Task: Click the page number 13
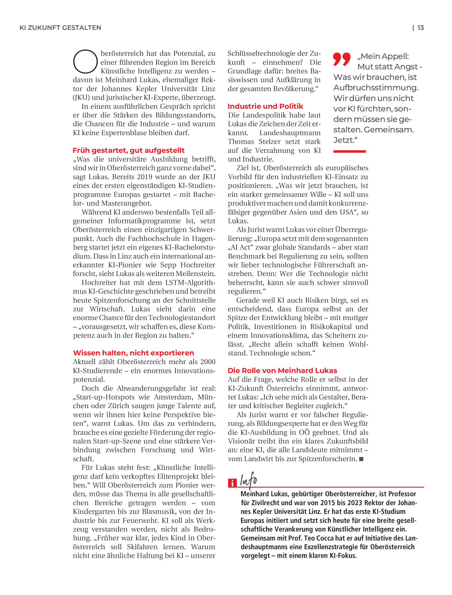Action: (x=420, y=28)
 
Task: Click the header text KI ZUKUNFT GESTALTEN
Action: (x=60, y=28)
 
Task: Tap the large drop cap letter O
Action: (x=85, y=62)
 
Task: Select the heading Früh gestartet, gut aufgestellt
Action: (x=129, y=150)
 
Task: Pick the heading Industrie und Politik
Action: (x=265, y=106)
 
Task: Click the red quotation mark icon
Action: (x=342, y=59)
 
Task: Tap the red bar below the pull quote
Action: (x=349, y=152)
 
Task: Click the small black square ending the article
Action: (x=361, y=459)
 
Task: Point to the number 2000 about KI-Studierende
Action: (x=207, y=362)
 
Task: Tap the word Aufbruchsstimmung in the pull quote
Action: (x=376, y=88)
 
